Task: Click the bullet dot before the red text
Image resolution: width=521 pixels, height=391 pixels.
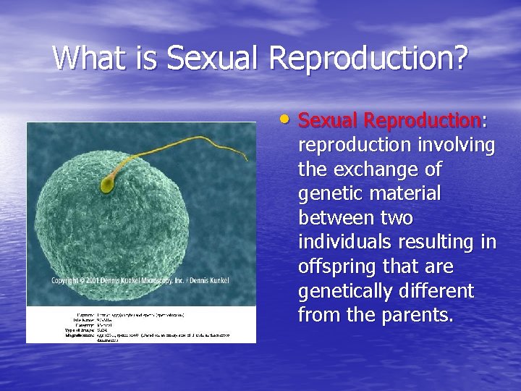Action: pyautogui.click(x=288, y=117)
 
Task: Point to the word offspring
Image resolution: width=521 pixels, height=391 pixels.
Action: pyautogui.click(x=337, y=267)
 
